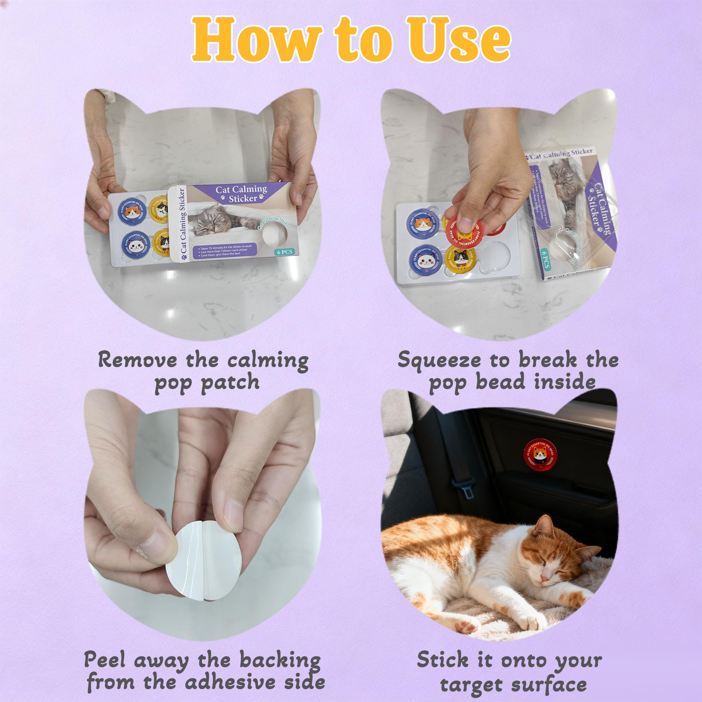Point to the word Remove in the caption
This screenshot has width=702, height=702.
pos(138,360)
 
